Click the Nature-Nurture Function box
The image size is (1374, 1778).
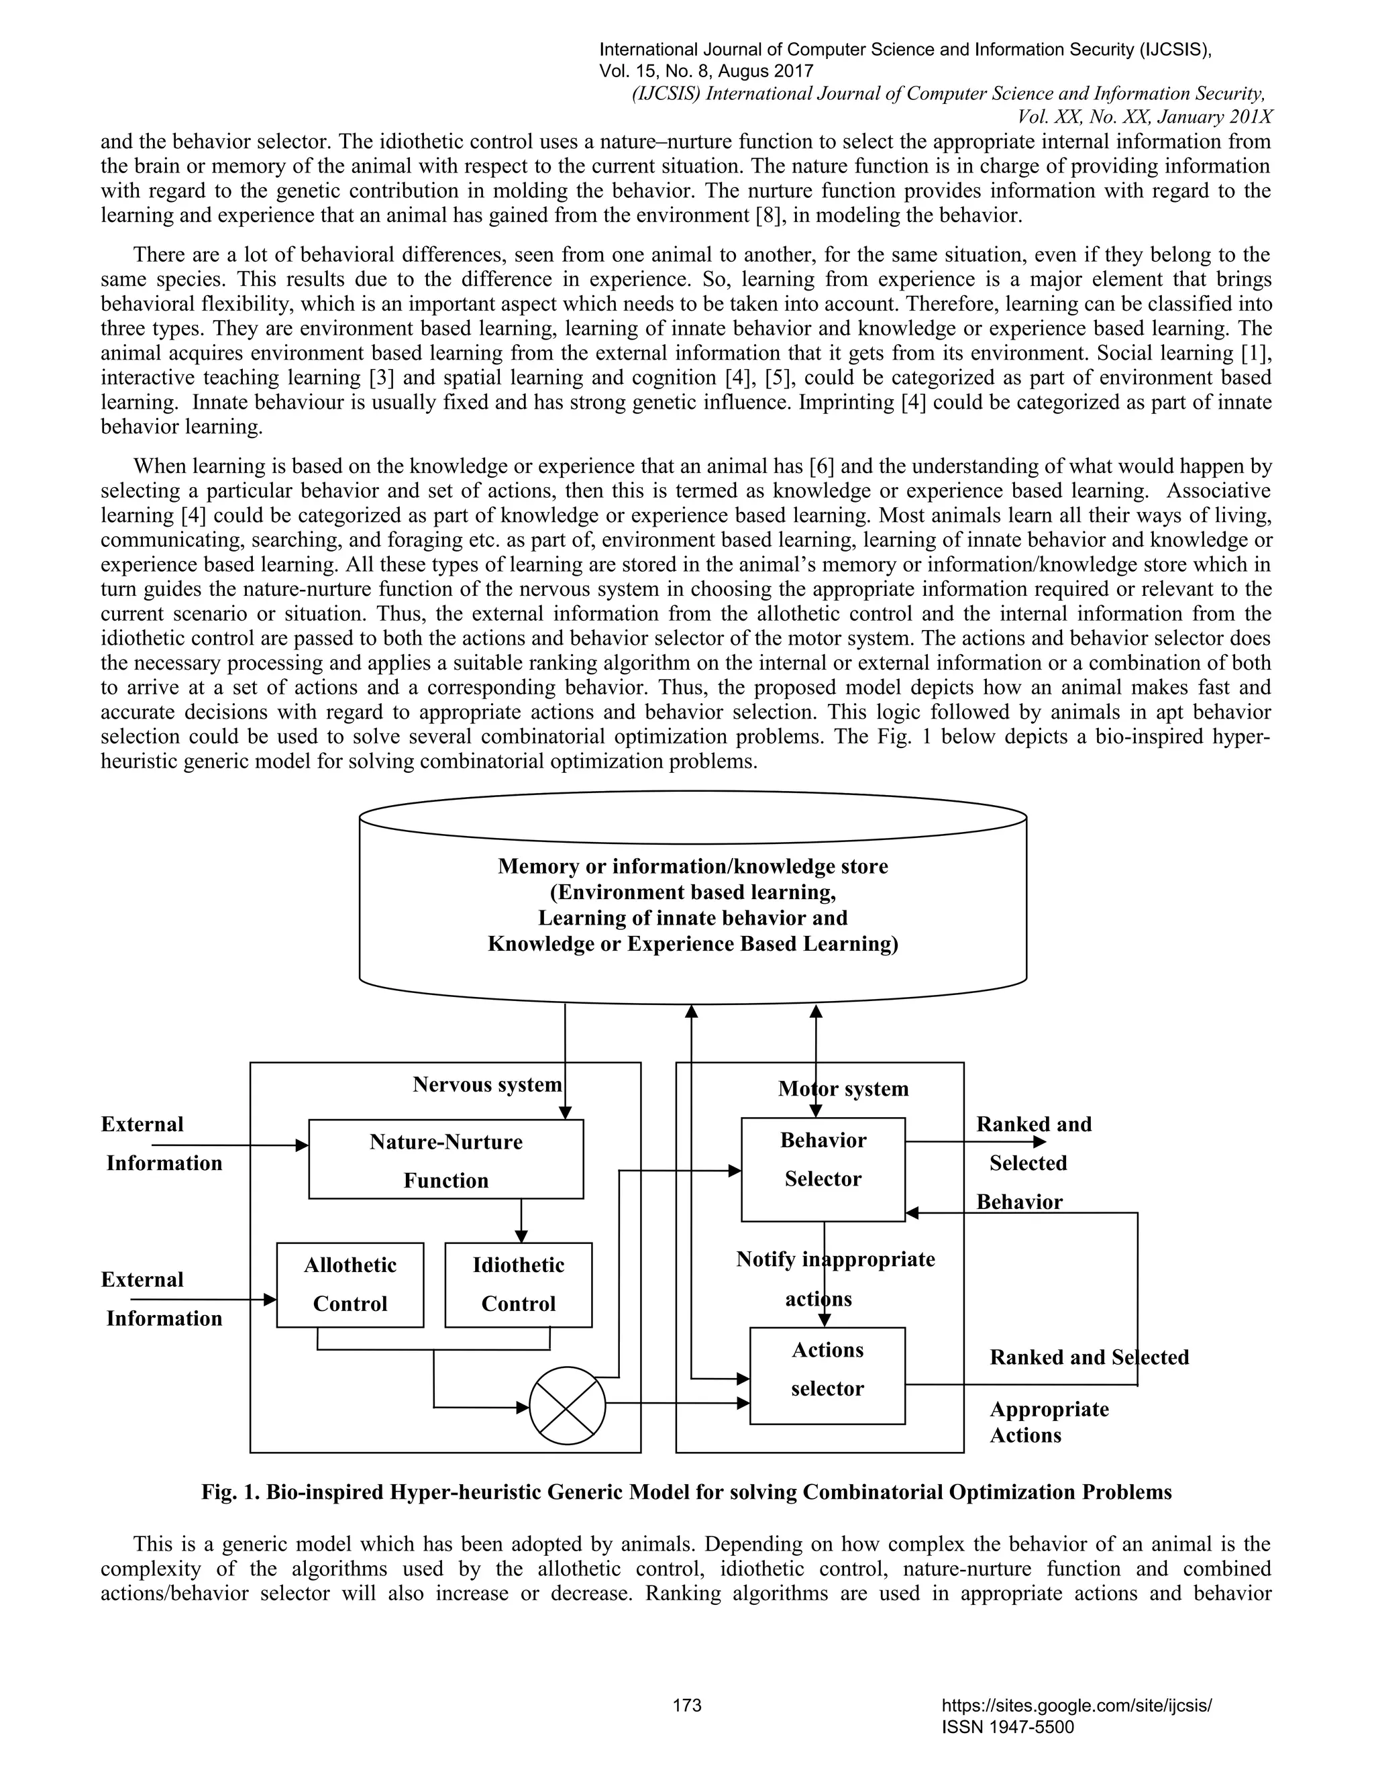pyautogui.click(x=445, y=1159)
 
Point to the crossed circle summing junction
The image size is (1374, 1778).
pyautogui.click(x=568, y=1405)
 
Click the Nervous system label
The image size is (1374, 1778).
pyautogui.click(x=487, y=1084)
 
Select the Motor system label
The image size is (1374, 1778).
pyautogui.click(x=843, y=1088)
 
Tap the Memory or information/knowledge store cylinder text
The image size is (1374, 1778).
pyautogui.click(x=692, y=904)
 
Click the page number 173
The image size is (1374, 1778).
pyautogui.click(x=687, y=1705)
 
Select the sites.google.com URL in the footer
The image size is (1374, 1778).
pyautogui.click(x=1076, y=1705)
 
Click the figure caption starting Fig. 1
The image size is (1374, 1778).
pyautogui.click(x=686, y=1492)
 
